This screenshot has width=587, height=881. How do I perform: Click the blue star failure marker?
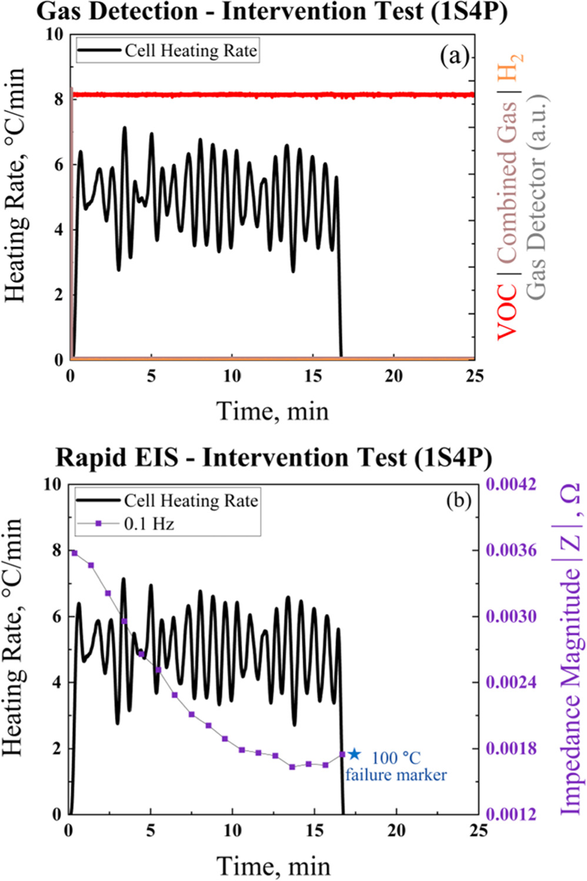click(354, 754)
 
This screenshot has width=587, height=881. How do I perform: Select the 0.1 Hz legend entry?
click(149, 523)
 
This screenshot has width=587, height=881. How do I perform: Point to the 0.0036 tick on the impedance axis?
click(511, 550)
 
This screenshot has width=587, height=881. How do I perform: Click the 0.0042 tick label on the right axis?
click(511, 484)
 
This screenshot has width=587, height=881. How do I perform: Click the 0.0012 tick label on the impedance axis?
click(511, 814)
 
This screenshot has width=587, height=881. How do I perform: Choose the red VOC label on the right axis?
click(507, 312)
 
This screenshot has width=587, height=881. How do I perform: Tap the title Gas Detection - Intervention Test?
click(272, 12)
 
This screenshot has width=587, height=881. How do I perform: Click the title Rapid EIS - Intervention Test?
click(274, 457)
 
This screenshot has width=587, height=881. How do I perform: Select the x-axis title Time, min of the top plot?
click(272, 410)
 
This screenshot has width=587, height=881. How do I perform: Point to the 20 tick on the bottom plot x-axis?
click(396, 830)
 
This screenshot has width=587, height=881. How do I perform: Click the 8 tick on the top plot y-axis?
click(58, 99)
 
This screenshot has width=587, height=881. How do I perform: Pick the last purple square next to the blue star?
click(342, 754)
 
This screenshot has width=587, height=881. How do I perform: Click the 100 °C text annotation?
click(396, 758)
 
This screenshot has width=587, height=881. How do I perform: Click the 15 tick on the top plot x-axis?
click(313, 376)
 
